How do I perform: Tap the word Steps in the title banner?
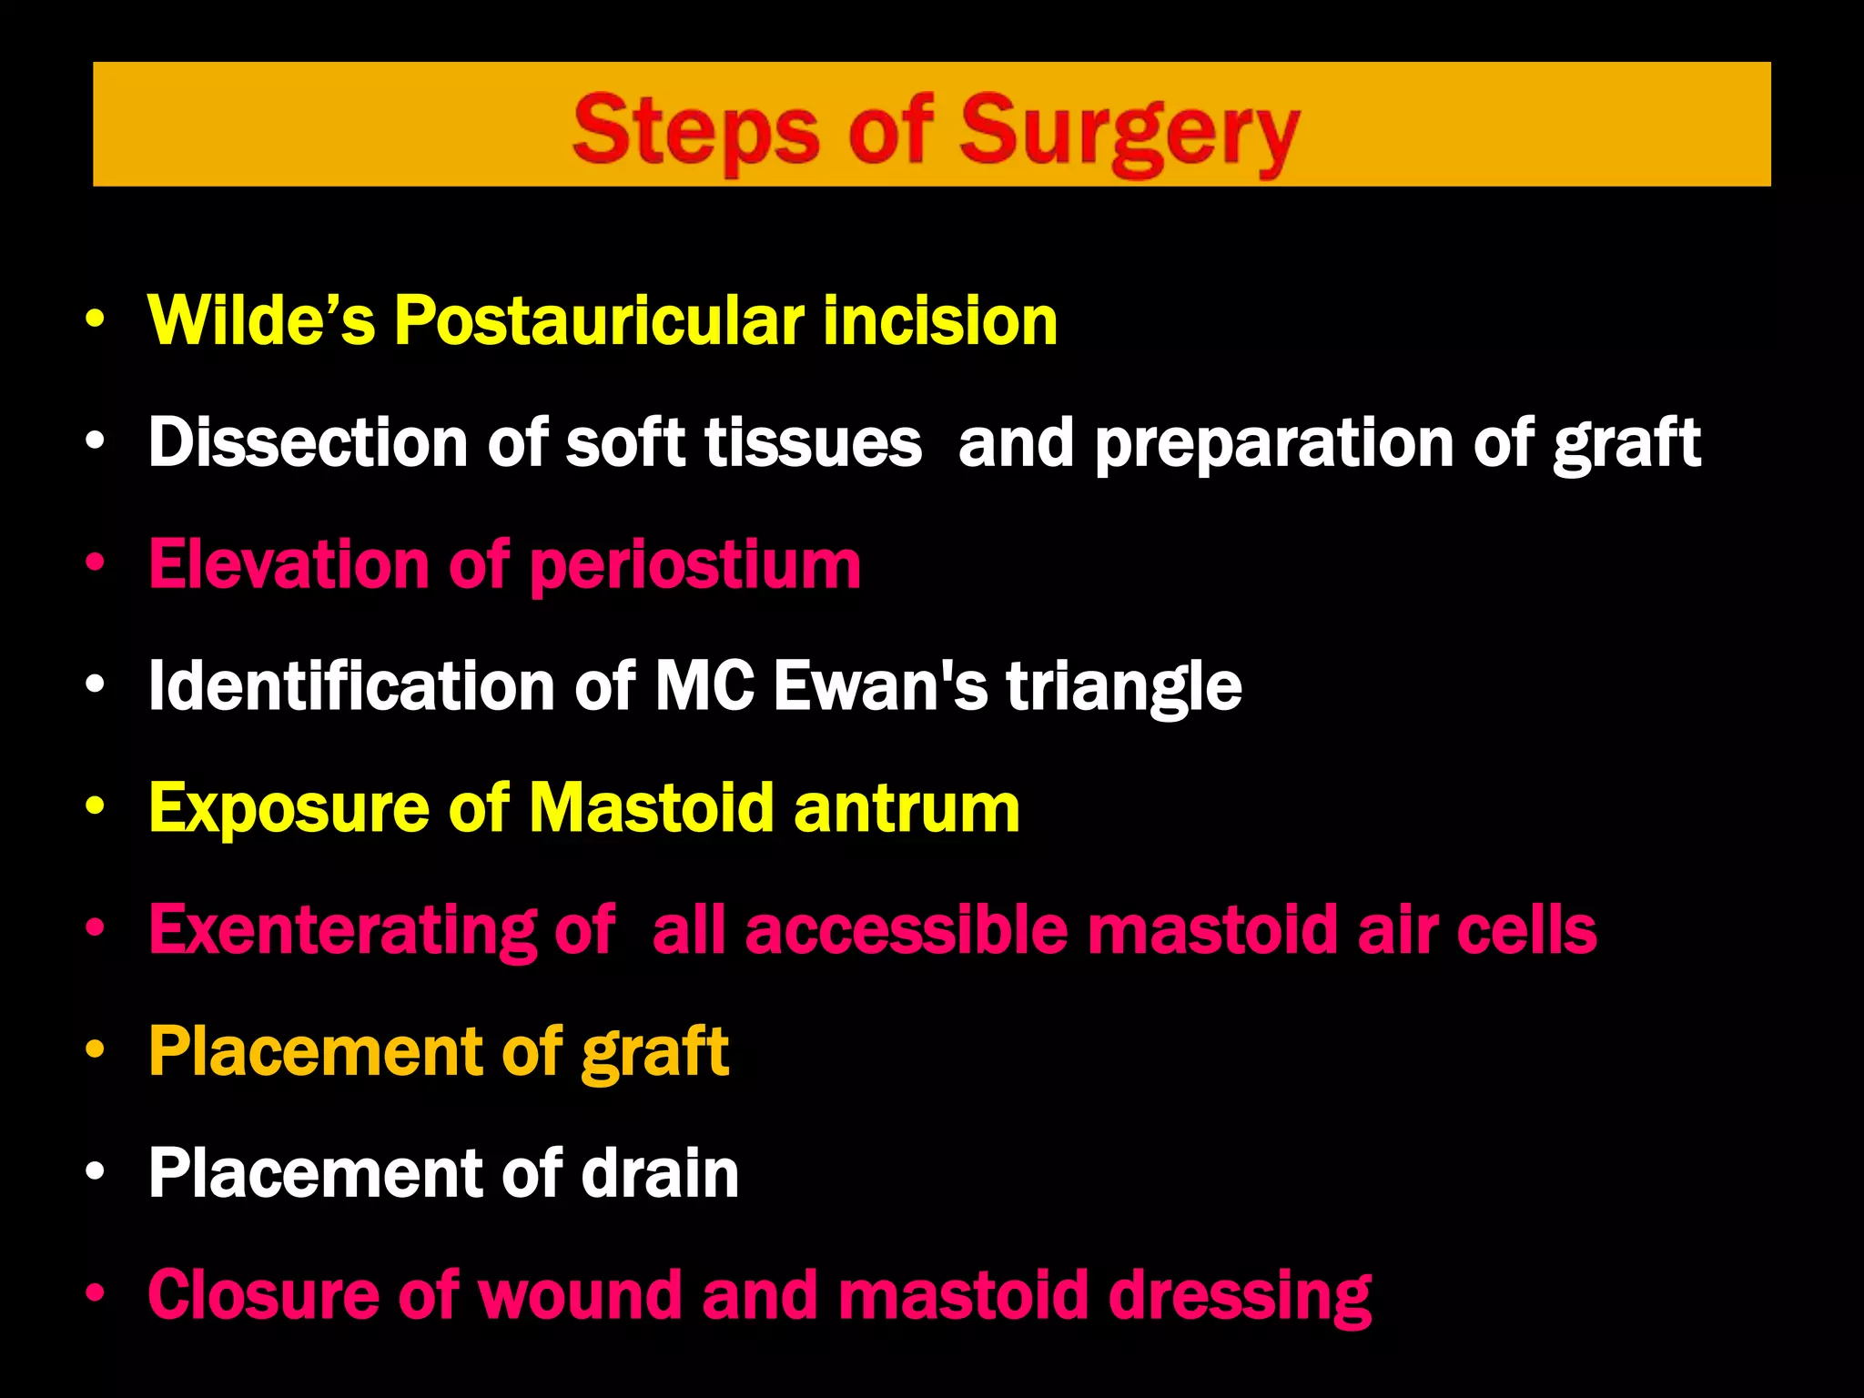(696, 132)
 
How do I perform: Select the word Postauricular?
(599, 322)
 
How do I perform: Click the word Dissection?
(308, 442)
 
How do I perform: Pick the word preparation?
(1273, 444)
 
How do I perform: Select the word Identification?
(351, 685)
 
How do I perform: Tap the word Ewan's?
(880, 685)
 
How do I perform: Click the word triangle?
(1123, 687)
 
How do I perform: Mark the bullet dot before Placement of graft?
(95, 1050)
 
